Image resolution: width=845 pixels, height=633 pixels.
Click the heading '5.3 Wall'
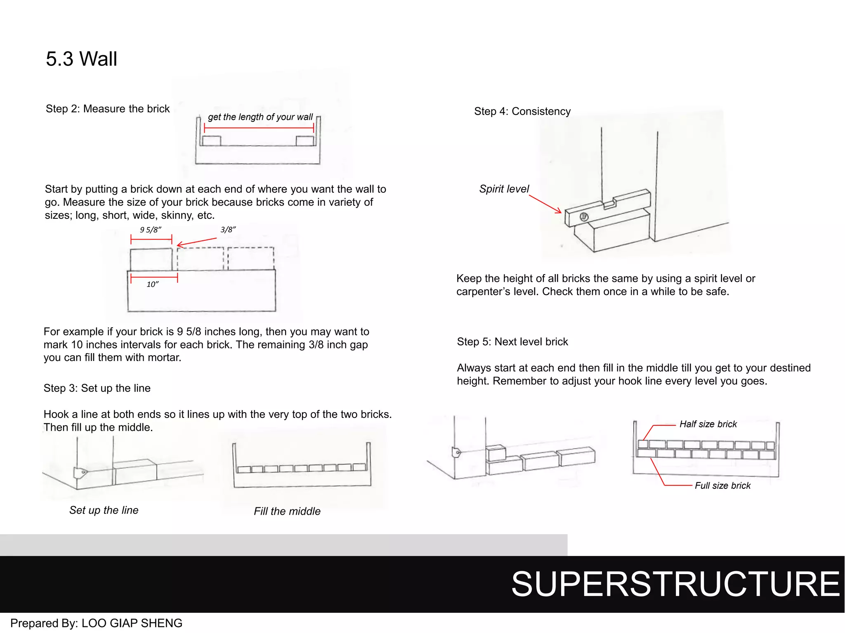81,59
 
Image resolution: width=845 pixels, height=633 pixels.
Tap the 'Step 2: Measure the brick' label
107,109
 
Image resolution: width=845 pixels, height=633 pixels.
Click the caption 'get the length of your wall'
260,117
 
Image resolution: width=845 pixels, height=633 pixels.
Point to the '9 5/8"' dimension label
150,230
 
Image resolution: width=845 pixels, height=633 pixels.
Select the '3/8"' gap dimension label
228,230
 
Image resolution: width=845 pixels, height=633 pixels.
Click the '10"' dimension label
153,284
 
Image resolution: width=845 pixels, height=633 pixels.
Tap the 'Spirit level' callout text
504,189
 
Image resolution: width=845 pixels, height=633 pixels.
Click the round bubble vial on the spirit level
584,217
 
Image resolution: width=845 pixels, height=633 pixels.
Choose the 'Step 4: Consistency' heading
522,111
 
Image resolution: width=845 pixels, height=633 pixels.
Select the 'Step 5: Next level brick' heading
512,342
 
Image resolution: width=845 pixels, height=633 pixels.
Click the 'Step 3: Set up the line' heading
97,388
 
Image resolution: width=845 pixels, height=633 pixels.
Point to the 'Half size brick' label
708,424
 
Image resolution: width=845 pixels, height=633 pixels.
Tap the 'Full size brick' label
722,485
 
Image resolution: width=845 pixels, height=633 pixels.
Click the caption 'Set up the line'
104,510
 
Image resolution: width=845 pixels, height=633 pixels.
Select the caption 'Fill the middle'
287,511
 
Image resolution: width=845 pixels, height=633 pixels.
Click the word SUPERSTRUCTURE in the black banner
675,584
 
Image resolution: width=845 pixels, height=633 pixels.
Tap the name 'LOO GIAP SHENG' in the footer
132,623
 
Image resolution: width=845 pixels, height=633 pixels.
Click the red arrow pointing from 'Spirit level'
545,204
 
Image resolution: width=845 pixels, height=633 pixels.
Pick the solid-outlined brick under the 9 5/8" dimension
151,259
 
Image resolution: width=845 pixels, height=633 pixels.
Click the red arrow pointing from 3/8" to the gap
197,242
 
